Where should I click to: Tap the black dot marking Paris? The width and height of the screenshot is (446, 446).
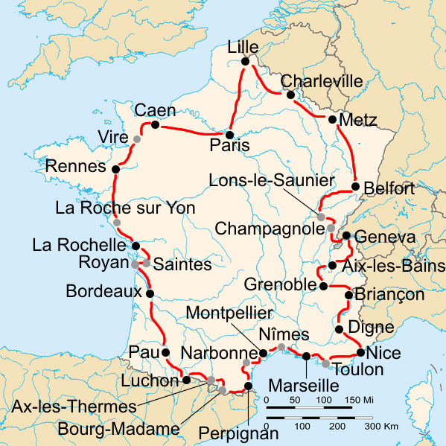tap(231, 135)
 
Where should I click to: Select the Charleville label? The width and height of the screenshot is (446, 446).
tap(322, 80)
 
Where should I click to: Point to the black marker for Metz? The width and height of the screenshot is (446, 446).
tap(332, 119)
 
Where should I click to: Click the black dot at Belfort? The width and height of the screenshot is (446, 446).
tap(356, 186)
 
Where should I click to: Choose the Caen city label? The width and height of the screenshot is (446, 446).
tap(155, 110)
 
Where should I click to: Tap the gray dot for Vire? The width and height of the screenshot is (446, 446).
tap(137, 139)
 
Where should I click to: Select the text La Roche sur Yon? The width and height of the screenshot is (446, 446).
tap(125, 208)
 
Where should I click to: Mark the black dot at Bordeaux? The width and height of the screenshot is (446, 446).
tap(150, 293)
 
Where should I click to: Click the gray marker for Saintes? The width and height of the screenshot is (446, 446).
tap(147, 263)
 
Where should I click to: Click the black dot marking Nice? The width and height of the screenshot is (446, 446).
tap(360, 352)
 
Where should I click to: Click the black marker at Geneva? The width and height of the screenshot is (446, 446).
tap(346, 236)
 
